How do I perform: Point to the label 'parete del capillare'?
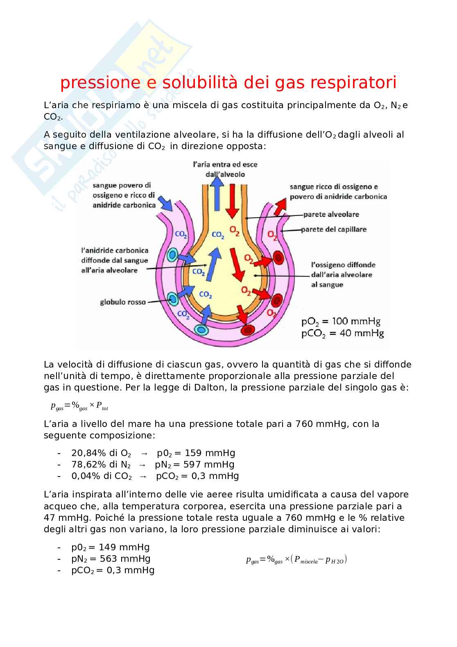tap(334, 229)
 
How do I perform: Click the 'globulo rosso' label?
tap(123, 302)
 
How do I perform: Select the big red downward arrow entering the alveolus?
tap(232, 201)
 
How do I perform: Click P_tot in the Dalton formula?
tap(102, 406)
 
